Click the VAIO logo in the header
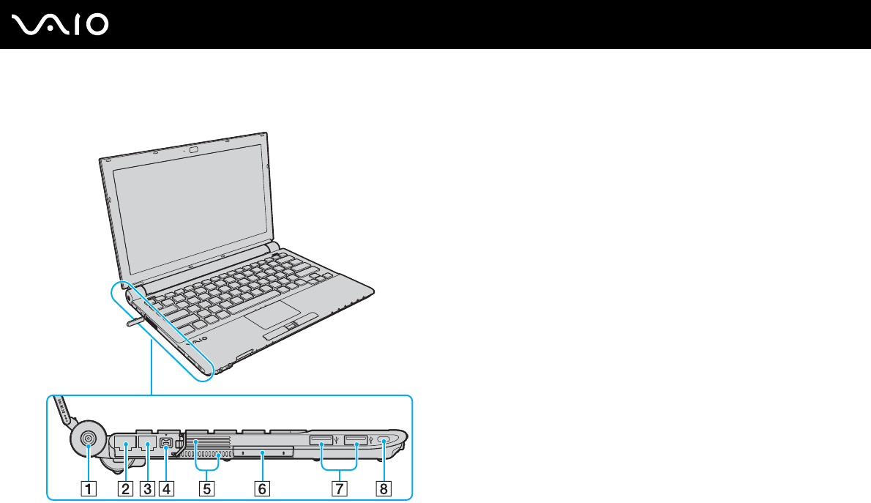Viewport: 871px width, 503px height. click(61, 25)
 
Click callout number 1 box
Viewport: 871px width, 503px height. click(88, 486)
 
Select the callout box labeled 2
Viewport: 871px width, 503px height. click(125, 486)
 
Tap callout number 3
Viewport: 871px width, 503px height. click(149, 486)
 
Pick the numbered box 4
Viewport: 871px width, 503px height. click(169, 486)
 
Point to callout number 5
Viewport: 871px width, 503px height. click(207, 486)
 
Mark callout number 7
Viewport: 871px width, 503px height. click(338, 486)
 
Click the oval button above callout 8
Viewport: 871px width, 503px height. click(385, 440)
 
